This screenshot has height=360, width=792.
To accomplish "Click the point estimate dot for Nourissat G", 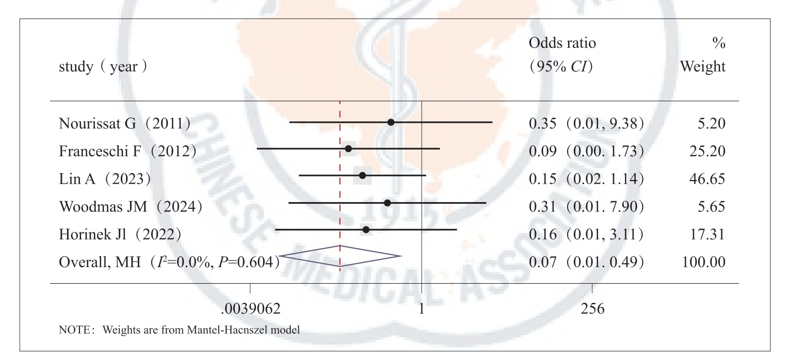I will click(391, 122).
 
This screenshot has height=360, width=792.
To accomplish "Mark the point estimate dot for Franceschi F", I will click(348, 149).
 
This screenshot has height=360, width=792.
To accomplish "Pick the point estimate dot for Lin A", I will click(362, 176).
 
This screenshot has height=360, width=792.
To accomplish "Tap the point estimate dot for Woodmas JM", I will click(387, 203).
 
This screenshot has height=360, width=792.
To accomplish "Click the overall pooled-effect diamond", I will click(340, 256).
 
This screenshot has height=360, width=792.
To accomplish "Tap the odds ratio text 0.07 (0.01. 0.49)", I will click(587, 261).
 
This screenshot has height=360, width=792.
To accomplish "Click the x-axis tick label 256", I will click(592, 309).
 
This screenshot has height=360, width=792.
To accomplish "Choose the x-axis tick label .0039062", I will click(250, 309).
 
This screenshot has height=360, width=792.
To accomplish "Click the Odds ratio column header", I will click(562, 44).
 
